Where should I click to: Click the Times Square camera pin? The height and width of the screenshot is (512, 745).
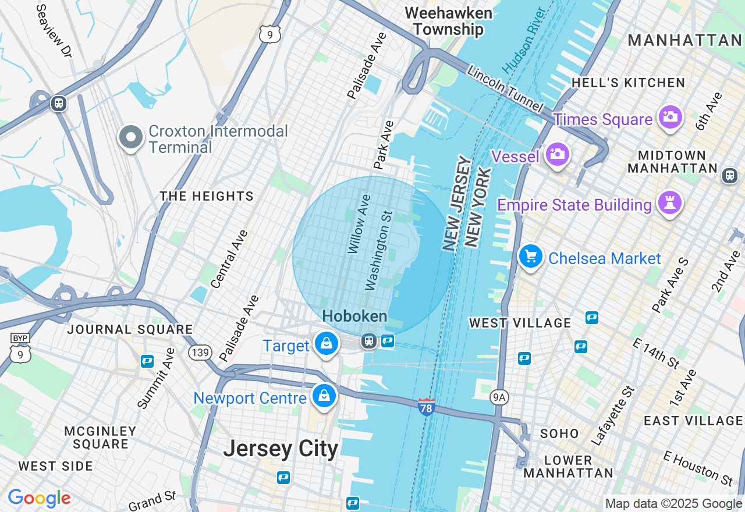670,117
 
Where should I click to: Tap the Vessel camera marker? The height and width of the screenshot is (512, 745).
557,154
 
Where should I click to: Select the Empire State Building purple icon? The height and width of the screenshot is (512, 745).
670,203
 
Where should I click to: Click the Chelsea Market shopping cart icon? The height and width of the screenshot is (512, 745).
530,256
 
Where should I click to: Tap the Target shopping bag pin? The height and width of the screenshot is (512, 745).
327,344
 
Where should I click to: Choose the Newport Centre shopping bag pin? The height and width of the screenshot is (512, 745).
324,396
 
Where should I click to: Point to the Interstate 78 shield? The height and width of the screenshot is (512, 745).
427,407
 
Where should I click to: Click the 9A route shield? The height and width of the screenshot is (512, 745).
499,397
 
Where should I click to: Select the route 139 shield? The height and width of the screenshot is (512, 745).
200,352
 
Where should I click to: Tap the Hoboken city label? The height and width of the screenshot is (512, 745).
354,317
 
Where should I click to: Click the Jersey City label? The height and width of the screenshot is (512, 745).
281,449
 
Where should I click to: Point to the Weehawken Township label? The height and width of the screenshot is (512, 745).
448,21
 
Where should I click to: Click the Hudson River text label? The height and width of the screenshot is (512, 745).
523,41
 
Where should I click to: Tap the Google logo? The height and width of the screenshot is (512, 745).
39,498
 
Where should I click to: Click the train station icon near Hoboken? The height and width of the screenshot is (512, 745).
368,341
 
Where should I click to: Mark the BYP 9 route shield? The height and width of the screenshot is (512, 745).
20,350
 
